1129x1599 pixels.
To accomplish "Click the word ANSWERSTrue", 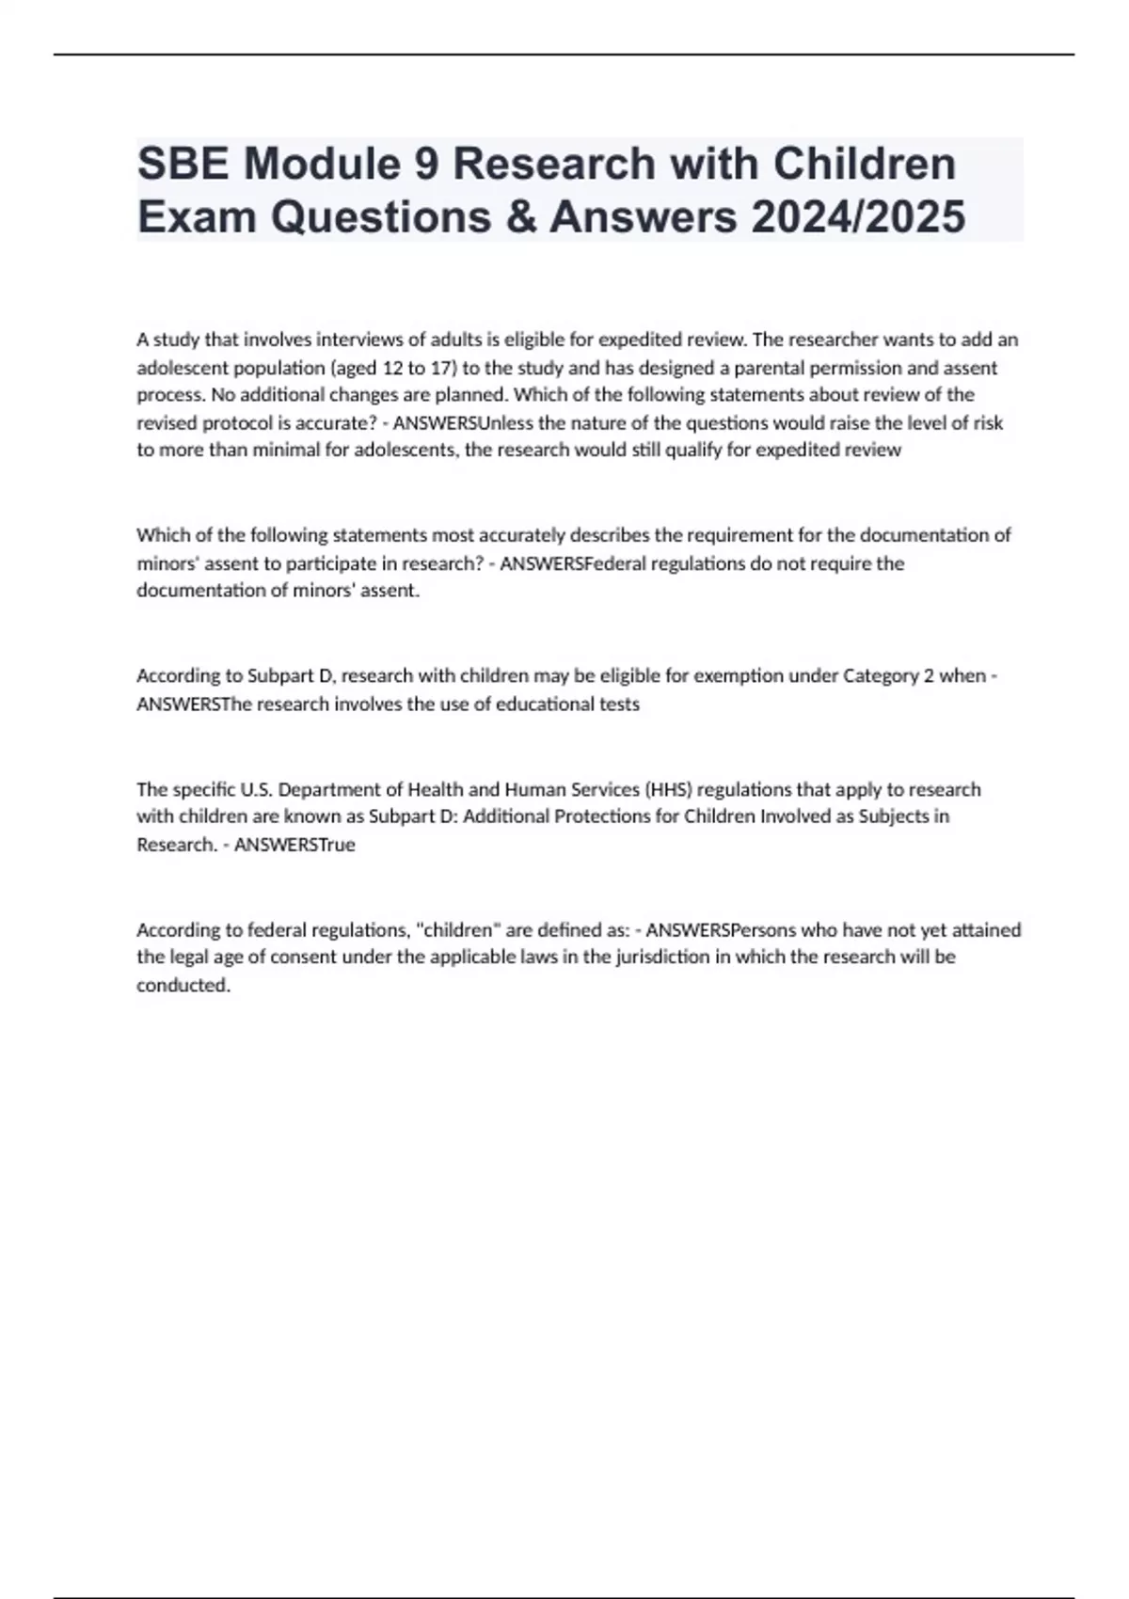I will [294, 844].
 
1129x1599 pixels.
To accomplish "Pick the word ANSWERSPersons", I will [716, 929].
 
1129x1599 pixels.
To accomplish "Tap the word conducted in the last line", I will [183, 985].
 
